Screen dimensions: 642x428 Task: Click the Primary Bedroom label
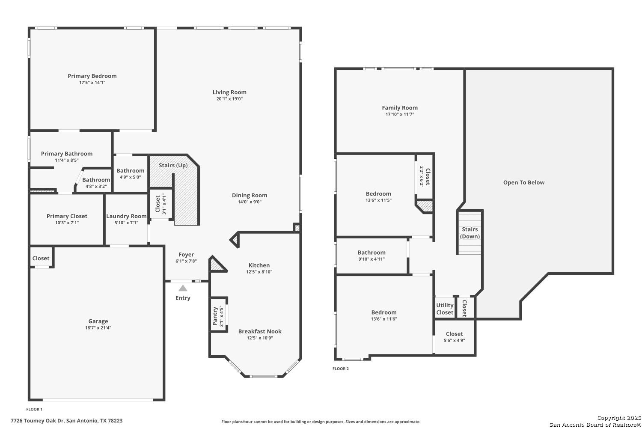coord(92,76)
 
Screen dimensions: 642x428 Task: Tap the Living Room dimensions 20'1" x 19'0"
coord(229,99)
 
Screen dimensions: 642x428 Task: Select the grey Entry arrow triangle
coord(183,288)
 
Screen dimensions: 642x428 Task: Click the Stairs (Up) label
coord(173,165)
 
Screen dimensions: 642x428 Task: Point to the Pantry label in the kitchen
coord(215,316)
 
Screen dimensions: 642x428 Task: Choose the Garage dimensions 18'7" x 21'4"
coord(98,328)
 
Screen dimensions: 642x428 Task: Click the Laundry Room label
coord(126,216)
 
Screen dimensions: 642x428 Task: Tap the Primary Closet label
coord(67,216)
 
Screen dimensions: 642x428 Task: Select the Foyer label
coord(186,255)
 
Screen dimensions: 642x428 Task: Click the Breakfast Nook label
coord(260,331)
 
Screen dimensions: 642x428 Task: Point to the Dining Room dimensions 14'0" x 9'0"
coord(250,202)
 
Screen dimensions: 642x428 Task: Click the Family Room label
coord(399,108)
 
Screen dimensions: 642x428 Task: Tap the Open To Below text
coord(523,183)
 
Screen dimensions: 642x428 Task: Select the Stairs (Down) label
coord(470,233)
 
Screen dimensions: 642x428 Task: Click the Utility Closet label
coord(445,309)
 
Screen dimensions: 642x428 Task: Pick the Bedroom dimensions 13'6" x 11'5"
coord(378,200)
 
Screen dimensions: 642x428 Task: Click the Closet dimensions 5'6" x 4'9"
coord(454,341)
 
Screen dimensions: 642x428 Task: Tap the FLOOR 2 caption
coord(341,369)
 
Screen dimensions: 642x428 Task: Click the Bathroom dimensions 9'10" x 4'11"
coord(371,259)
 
